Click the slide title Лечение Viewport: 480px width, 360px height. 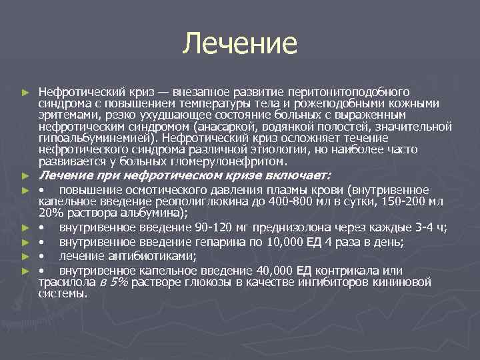(240, 44)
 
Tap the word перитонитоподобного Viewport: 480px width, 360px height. (353, 91)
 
